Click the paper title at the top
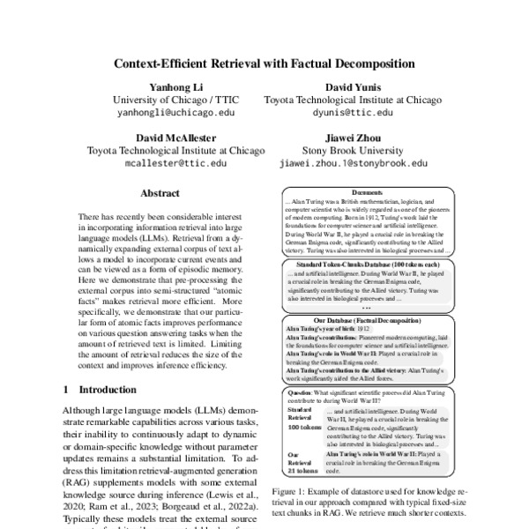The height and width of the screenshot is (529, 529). (264, 65)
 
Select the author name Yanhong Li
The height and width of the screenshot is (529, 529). (164, 88)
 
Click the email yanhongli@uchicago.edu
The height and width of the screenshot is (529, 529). (164, 114)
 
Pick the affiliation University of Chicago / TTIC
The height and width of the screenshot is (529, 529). (164, 101)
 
